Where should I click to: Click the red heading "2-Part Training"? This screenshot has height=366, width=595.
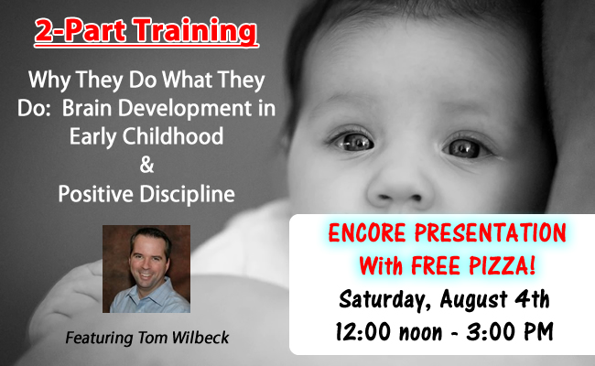tap(146, 31)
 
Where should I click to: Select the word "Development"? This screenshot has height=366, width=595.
tap(185, 110)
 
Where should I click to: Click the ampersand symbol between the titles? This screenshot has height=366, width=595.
tap(146, 165)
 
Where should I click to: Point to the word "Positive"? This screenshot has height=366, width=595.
tap(96, 194)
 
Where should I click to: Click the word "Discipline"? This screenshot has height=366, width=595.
tap(188, 195)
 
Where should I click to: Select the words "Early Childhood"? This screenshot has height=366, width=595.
tap(146, 137)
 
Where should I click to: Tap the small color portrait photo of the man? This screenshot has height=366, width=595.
tap(146, 269)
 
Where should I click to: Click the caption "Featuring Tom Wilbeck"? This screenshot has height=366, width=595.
tap(146, 338)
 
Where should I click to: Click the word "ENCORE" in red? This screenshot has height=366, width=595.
tap(367, 233)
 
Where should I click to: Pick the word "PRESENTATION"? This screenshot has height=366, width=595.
tap(491, 233)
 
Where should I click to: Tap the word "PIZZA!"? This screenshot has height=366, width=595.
tap(503, 265)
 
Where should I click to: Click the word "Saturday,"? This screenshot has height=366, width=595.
tap(384, 299)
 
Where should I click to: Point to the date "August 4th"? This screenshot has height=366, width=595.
tap(494, 299)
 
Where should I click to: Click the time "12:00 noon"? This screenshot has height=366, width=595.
tap(389, 332)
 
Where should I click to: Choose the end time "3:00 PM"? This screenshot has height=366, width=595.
tap(510, 332)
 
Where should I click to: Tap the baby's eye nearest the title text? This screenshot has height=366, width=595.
tap(353, 142)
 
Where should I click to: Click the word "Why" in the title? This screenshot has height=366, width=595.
tap(49, 81)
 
